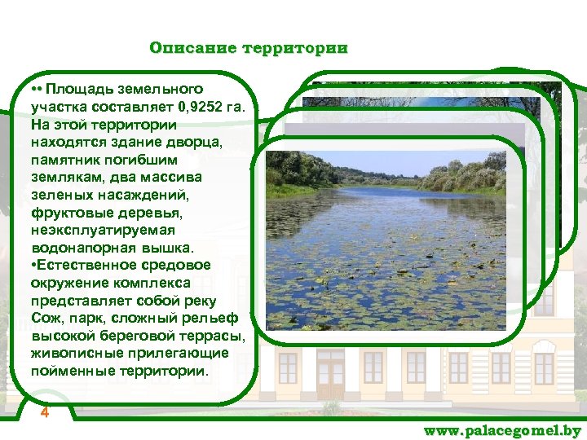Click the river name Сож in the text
pos(45,319)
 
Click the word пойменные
pos(74,372)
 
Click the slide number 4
pos(45,412)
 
